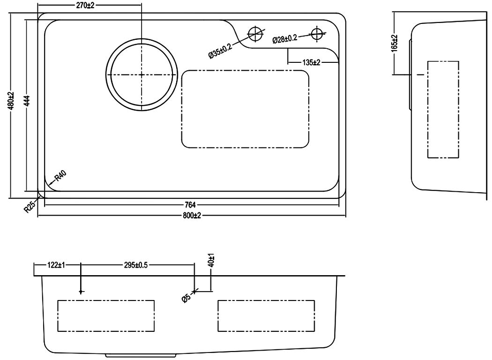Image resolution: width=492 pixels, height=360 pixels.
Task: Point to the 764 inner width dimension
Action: [x=190, y=204]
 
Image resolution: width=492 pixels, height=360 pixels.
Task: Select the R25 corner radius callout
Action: [x=30, y=207]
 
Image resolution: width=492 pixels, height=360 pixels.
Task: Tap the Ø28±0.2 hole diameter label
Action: [x=284, y=38]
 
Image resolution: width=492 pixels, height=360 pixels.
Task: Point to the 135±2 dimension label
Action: [x=311, y=62]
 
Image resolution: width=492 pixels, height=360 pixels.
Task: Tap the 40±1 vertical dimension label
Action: [x=211, y=260]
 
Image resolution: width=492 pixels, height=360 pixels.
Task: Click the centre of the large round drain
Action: [x=142, y=75]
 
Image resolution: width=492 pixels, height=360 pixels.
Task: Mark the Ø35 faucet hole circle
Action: [x=255, y=33]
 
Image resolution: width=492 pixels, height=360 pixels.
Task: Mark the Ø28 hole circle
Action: [x=318, y=33]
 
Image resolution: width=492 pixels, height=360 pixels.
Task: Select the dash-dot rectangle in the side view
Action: [x=443, y=109]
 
